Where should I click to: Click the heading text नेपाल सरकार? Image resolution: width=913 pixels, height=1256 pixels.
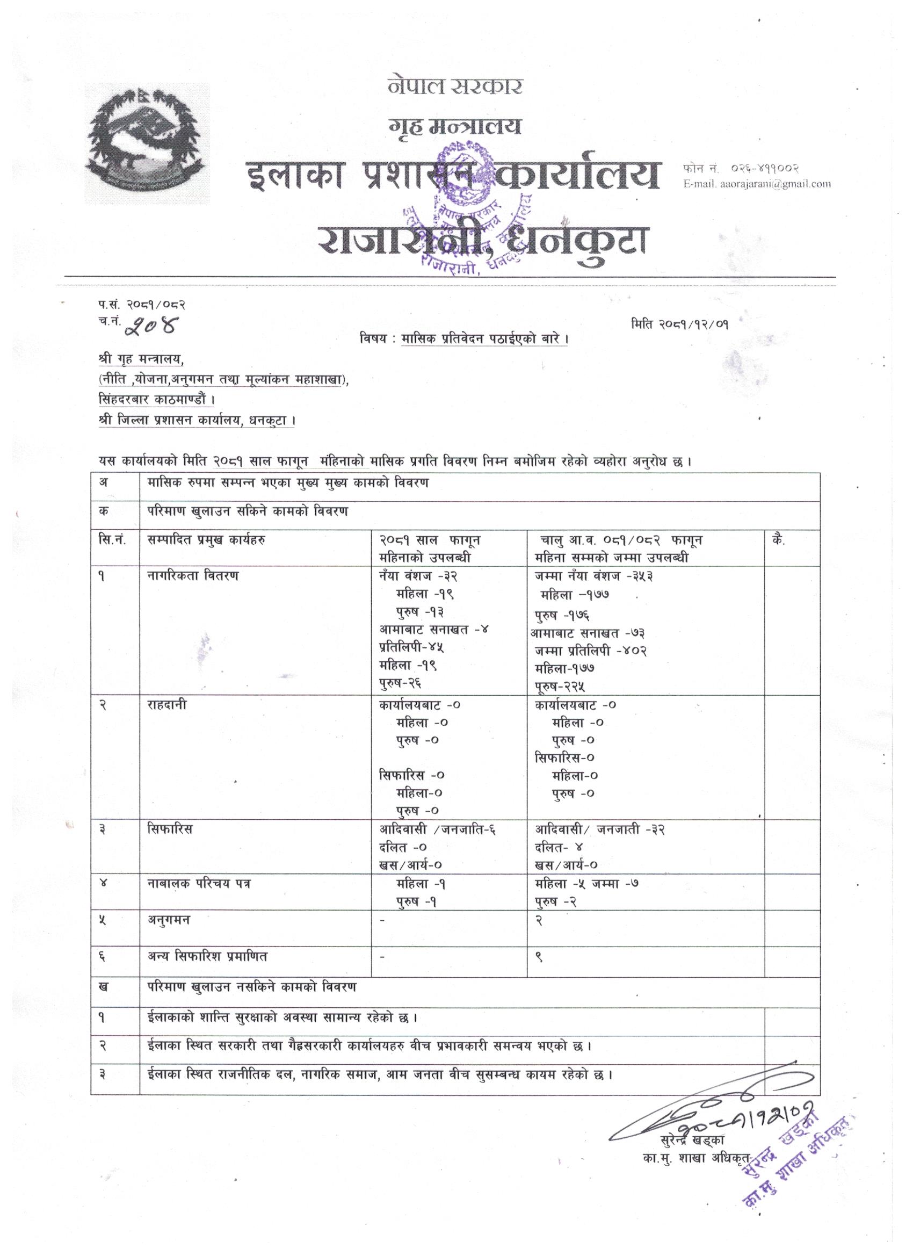(454, 87)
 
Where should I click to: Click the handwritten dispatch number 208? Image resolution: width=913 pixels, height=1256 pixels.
(150, 328)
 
